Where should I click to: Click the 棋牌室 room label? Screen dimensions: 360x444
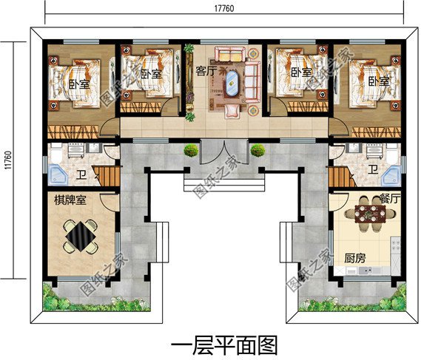pos(67,200)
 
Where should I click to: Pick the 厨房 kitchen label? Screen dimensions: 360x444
pos(355,259)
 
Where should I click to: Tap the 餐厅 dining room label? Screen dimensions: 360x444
pos(389,198)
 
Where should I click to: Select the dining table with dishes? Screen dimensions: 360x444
pos(370,214)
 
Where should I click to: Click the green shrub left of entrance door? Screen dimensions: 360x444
pos(191,150)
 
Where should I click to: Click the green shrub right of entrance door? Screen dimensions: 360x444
pos(258,150)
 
